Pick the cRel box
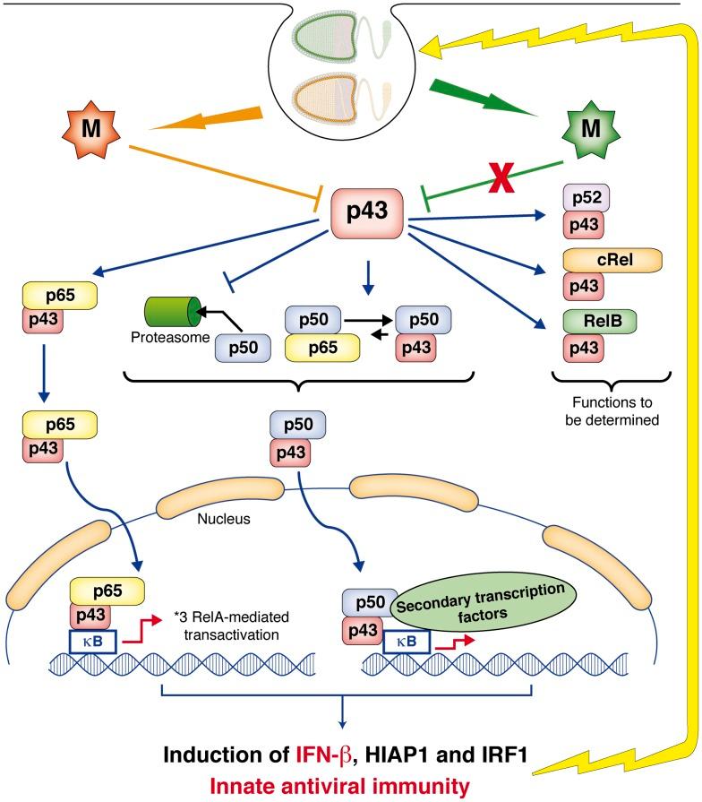click(613, 260)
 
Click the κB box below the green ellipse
click(409, 641)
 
